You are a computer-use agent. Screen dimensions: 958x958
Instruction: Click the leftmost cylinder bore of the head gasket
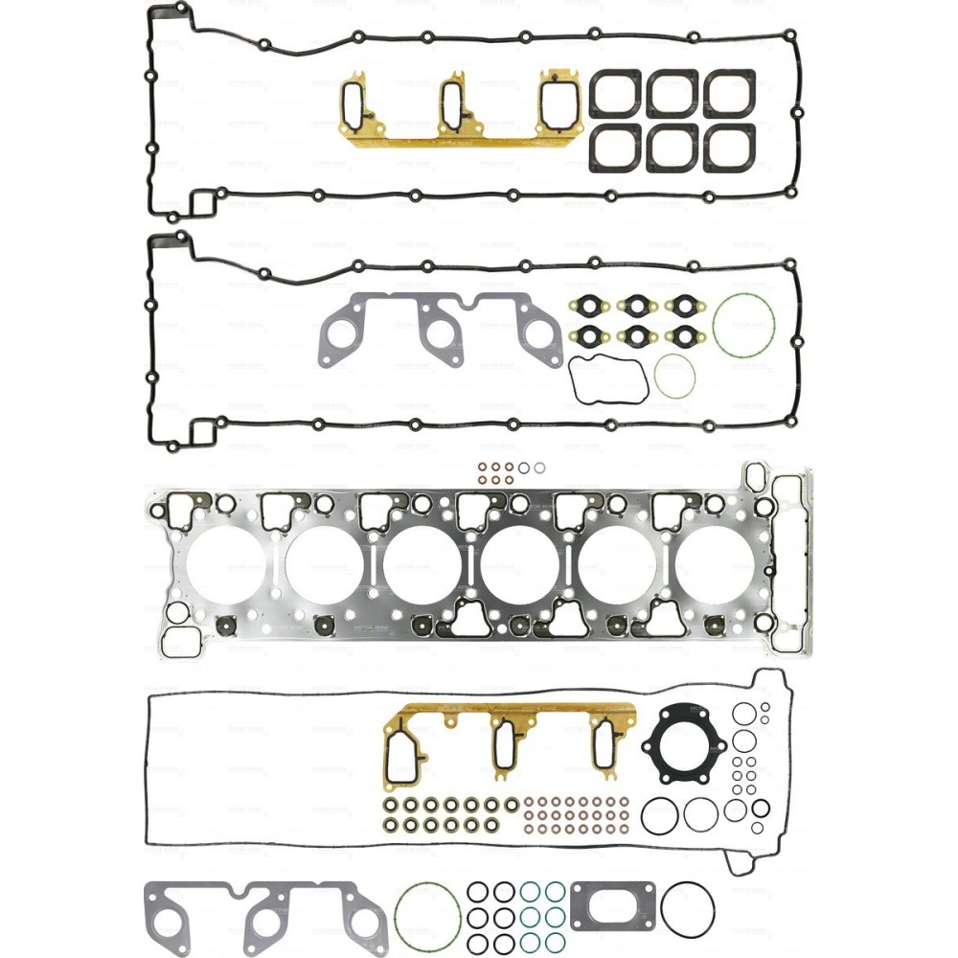pyautogui.click(x=226, y=566)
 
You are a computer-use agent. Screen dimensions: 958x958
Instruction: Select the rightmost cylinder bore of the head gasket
pyautogui.click(x=714, y=566)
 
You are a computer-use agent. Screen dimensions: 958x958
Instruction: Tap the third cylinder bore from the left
pyautogui.click(x=422, y=566)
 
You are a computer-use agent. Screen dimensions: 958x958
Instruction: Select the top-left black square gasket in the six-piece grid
pyautogui.click(x=614, y=94)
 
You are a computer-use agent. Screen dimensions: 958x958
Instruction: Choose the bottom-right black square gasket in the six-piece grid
pyautogui.click(x=730, y=149)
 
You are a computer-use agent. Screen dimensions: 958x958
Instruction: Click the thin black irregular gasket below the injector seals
pyautogui.click(x=607, y=380)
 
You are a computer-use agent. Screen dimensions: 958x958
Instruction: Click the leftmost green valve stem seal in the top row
pyautogui.click(x=391, y=804)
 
